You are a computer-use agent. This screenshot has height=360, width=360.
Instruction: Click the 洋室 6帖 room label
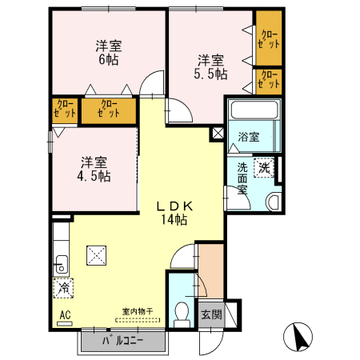[109, 53]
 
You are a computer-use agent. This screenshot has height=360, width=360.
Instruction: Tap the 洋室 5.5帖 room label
[210, 67]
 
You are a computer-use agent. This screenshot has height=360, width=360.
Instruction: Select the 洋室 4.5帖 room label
[94, 170]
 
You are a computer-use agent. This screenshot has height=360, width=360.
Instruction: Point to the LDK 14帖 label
[174, 213]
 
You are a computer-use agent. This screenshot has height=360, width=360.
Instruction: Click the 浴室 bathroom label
[249, 137]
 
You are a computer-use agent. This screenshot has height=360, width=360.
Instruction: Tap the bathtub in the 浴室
[254, 110]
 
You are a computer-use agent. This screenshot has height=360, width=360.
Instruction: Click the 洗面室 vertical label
[242, 178]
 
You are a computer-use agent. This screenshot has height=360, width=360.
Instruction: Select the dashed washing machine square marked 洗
[264, 168]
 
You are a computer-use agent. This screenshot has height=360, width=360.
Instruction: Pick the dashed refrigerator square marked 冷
[63, 288]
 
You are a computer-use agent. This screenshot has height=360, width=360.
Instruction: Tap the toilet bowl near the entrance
[182, 312]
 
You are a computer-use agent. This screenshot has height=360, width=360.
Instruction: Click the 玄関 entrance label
[211, 314]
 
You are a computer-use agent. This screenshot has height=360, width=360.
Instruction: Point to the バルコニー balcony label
[123, 341]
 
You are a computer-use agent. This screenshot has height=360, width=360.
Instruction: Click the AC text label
[65, 315]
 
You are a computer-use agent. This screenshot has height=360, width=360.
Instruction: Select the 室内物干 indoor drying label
[138, 311]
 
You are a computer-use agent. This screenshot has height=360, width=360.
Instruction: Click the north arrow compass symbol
[298, 337]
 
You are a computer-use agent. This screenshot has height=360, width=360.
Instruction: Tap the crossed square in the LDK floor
[96, 255]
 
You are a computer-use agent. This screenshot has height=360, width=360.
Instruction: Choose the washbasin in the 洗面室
[274, 202]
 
